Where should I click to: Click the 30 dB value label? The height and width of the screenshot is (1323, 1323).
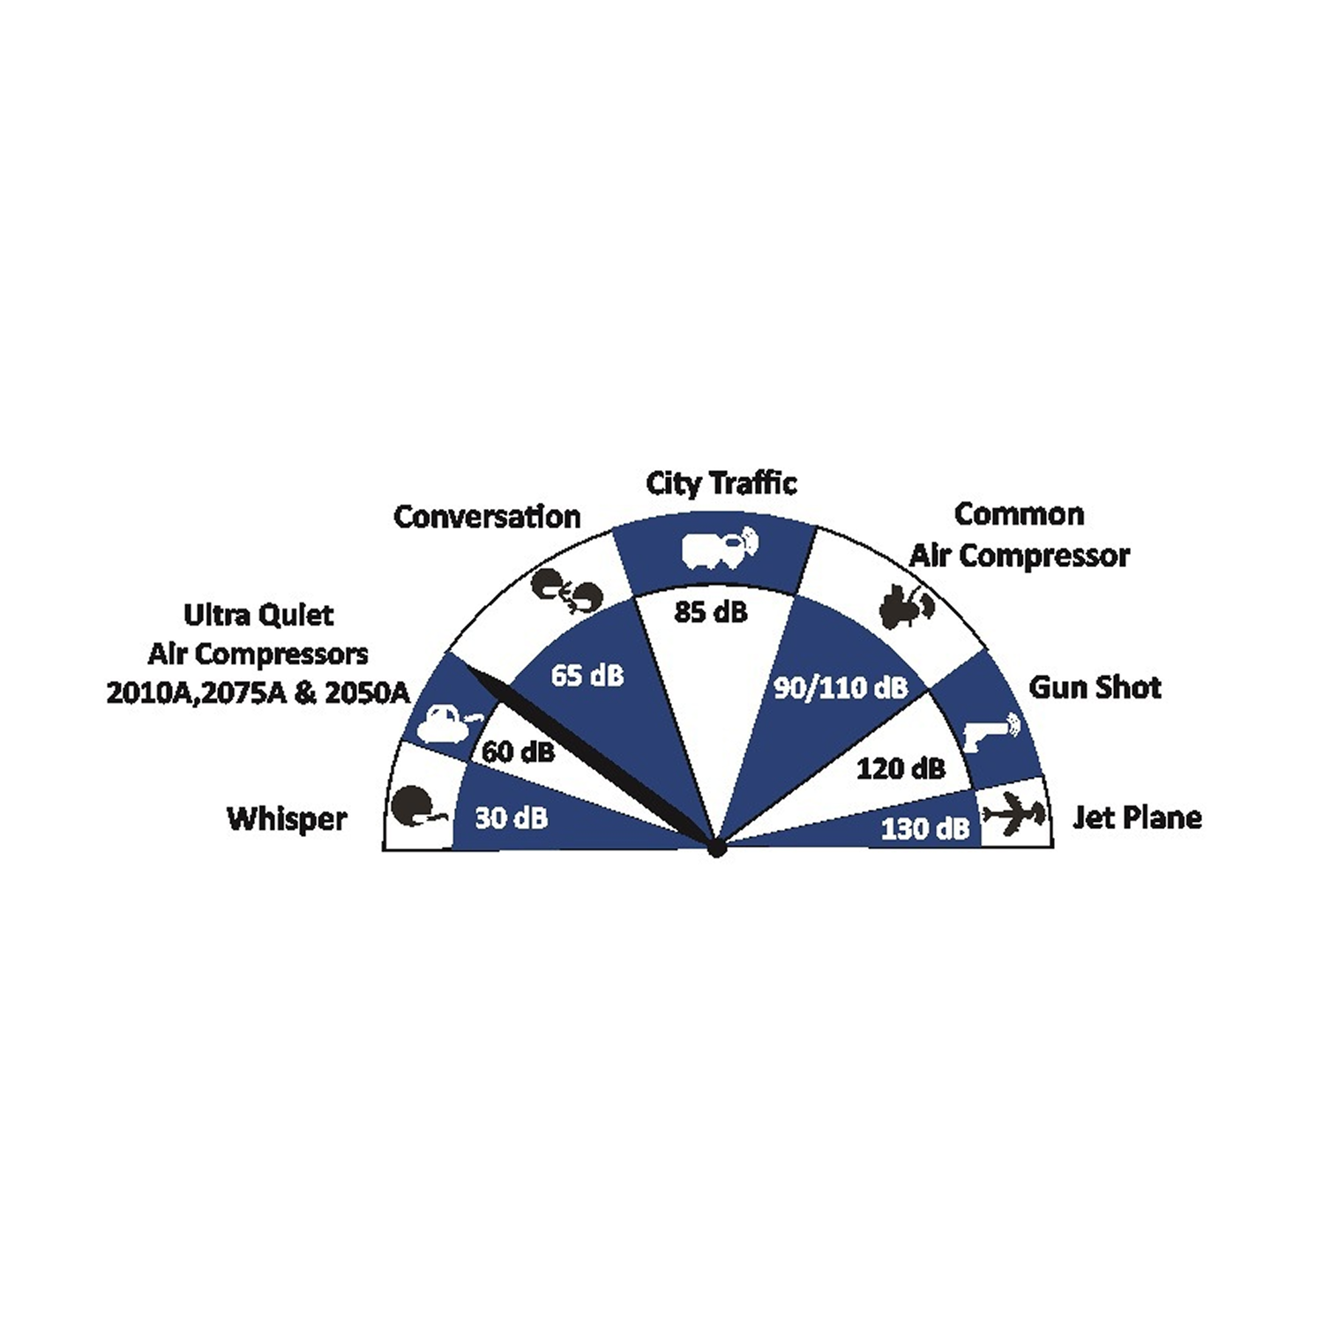point(512,818)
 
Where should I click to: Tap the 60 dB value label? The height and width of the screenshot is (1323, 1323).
point(519,751)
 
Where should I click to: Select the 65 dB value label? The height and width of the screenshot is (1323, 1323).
point(587,676)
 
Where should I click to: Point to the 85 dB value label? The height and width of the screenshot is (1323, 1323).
point(711,611)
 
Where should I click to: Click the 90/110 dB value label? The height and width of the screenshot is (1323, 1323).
point(841,688)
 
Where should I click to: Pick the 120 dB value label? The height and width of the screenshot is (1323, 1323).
point(901,768)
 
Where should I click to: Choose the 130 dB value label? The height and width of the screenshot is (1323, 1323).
point(925,828)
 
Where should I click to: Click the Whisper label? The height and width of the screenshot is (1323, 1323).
point(287,819)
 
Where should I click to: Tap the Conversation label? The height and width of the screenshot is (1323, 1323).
point(487,517)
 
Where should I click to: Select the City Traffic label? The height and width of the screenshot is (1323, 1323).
point(721,484)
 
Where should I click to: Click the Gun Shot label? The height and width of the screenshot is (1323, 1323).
point(1095,687)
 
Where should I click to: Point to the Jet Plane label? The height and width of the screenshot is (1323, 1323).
point(1137,818)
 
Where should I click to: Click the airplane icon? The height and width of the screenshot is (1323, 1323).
point(1015,814)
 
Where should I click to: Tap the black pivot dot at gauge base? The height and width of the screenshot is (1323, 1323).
point(716,849)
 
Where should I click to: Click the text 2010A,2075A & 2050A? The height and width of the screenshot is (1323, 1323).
point(258,693)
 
